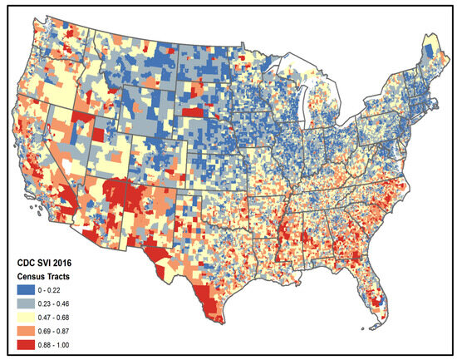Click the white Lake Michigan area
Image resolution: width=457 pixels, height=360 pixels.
pyautogui.click(x=308, y=112)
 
